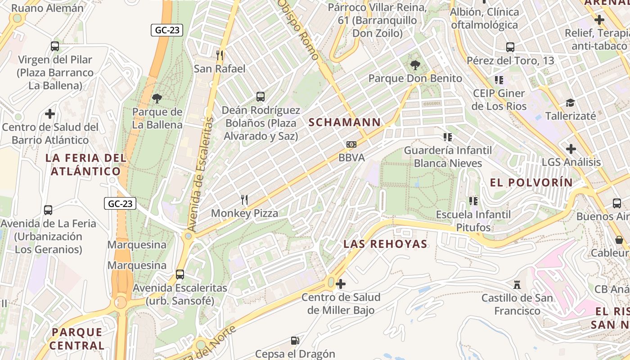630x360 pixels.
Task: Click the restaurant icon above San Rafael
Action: point(220,55)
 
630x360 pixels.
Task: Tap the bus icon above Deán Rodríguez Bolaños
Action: point(260,96)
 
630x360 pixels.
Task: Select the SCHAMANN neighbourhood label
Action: point(344,122)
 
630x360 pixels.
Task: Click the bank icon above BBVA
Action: point(351,144)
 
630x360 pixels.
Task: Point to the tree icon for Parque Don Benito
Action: point(415,65)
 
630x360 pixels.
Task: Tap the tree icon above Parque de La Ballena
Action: point(157,99)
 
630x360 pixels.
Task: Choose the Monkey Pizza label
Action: point(244,213)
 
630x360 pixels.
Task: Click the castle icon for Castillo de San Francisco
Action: point(517,285)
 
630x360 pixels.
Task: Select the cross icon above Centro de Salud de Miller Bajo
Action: point(341,284)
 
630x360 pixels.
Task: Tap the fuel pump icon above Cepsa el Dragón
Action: point(295,341)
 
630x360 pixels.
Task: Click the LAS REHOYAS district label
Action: point(385,244)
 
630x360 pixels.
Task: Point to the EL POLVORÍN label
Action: point(531,182)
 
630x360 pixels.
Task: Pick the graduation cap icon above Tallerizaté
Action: point(570,103)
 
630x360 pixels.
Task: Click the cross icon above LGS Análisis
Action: point(571,148)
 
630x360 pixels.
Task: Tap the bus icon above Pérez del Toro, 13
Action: point(510,47)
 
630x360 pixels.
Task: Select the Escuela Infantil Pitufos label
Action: point(473,220)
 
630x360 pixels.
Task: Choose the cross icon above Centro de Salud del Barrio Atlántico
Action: point(50,114)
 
